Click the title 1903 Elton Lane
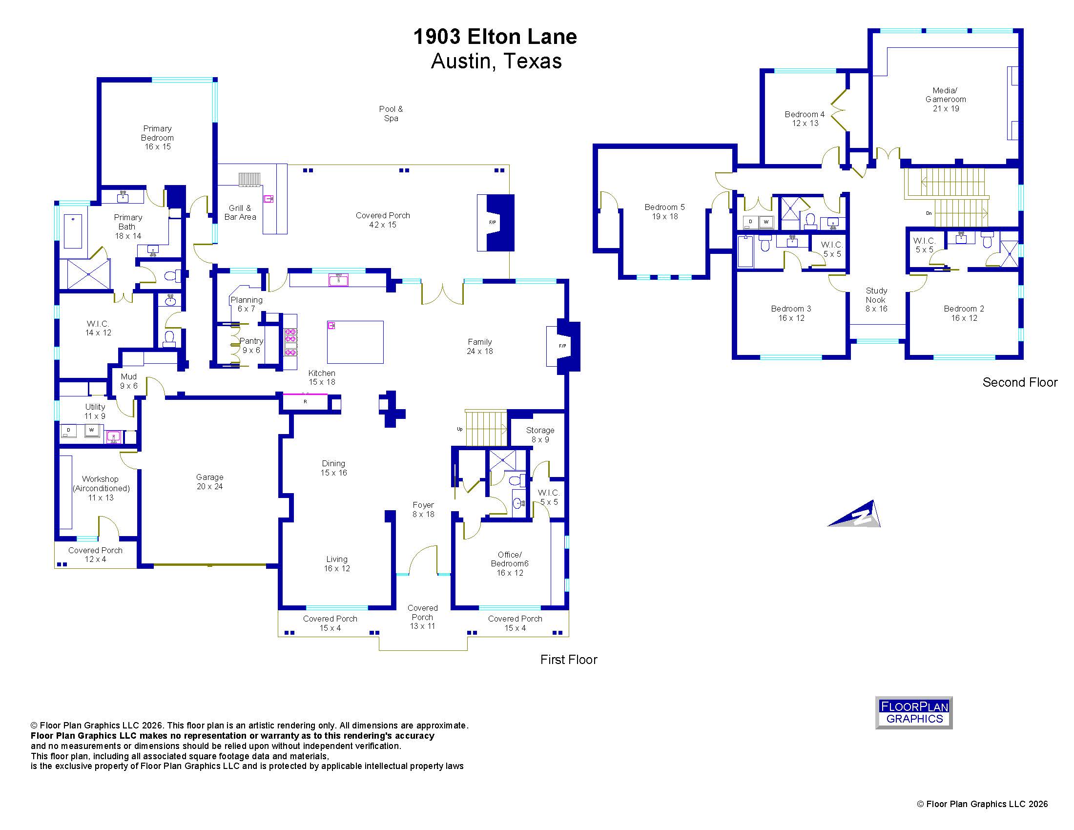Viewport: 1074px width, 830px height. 495,37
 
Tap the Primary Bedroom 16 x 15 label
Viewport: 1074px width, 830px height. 157,138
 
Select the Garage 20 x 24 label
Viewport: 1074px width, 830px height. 209,482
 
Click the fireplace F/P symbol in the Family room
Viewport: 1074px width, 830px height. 562,346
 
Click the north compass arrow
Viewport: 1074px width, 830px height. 855,514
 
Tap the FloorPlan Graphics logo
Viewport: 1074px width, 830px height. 914,712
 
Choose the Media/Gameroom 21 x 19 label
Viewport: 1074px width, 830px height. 946,99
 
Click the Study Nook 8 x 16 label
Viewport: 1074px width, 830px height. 876,300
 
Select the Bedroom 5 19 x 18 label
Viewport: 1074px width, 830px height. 665,212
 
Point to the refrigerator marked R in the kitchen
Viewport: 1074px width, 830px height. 305,402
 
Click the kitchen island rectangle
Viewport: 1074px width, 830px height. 355,342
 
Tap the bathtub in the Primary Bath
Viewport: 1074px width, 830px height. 73,231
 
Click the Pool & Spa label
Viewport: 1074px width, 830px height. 391,114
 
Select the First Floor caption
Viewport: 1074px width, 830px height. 568,660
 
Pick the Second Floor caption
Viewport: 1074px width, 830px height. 1020,383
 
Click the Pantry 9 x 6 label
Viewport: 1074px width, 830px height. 251,346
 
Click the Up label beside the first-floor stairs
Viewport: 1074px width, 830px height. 460,429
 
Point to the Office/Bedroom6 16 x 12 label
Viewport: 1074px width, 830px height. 510,563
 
